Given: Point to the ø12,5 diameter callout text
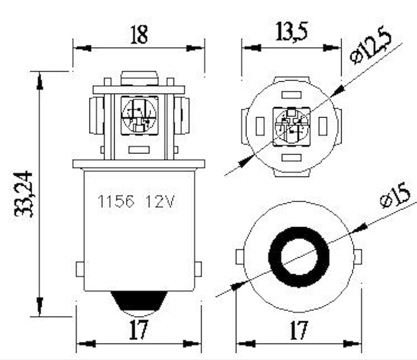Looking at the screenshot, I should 370,46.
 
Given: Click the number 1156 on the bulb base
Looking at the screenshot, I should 115,202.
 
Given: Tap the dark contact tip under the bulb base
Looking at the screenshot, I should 139,302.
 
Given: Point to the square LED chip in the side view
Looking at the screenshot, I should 139,115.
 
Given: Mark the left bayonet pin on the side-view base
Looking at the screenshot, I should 80,269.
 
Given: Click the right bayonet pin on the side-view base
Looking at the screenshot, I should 198,269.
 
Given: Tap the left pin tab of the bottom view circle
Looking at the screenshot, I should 239,257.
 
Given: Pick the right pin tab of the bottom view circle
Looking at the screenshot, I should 358,257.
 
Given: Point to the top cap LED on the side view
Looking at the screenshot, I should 139,78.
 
